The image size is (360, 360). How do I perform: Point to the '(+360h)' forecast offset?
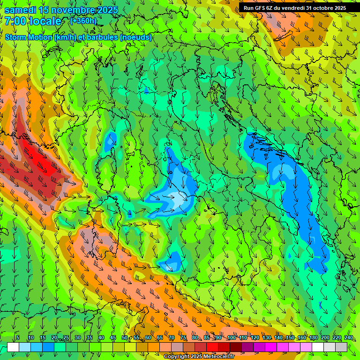(x=84, y=21)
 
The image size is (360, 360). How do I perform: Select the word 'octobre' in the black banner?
(x=320, y=8)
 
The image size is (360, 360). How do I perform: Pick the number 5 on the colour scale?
(x=18, y=338)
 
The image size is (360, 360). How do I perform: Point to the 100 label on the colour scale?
(x=232, y=338)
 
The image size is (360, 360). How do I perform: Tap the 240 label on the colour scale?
(x=349, y=338)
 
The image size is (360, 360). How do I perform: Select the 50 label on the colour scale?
(x=125, y=338)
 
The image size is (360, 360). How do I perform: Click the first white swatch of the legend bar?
(x=13, y=347)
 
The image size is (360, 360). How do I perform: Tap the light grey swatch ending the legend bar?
(x=341, y=347)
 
